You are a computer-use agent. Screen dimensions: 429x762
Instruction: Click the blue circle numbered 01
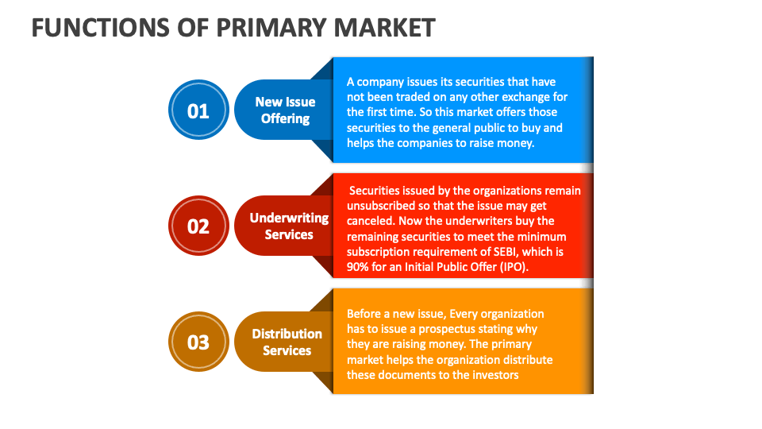click(x=198, y=110)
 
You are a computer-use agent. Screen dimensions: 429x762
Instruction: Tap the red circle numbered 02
click(x=198, y=226)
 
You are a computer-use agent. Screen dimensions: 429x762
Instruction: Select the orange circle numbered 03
click(x=198, y=342)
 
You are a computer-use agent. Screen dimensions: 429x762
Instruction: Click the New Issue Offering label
click(x=285, y=110)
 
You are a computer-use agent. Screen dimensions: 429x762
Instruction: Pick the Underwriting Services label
click(x=289, y=226)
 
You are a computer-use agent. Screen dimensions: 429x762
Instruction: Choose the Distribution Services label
click(x=287, y=342)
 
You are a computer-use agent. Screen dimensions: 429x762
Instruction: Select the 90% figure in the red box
click(x=360, y=266)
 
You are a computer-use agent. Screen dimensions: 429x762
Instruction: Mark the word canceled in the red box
click(x=370, y=221)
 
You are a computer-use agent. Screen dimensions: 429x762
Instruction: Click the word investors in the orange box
click(x=494, y=374)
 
